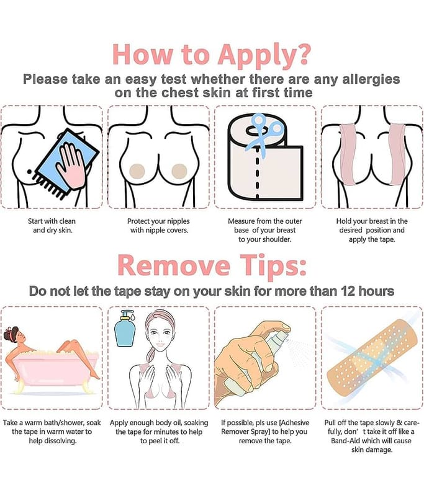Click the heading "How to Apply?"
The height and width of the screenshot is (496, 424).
(212, 55)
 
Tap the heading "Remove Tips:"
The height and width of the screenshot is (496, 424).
(212, 265)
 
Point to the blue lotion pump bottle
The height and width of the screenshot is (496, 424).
(125, 329)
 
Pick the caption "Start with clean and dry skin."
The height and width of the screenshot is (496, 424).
(52, 226)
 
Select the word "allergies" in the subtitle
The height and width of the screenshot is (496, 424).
(371, 79)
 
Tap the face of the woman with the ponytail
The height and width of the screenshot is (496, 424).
(160, 335)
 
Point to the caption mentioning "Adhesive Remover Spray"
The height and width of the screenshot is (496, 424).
(264, 432)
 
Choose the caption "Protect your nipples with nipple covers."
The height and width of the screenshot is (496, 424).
(159, 226)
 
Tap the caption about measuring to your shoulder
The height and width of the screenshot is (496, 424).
(264, 230)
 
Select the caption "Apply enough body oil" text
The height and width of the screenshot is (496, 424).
(159, 432)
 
